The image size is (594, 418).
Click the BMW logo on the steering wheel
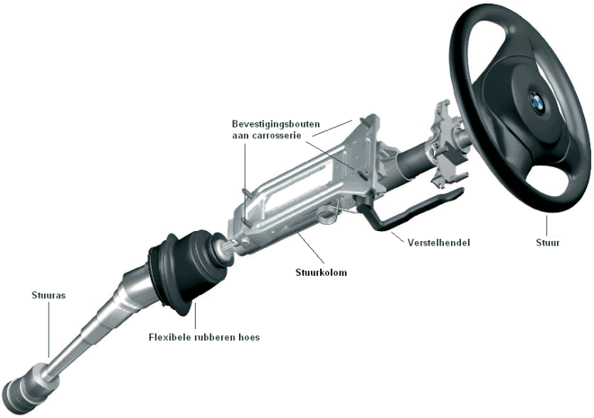[538, 103]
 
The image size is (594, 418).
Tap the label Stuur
[548, 243]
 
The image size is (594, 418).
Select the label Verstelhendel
[439, 243]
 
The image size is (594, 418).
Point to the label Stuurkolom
[321, 273]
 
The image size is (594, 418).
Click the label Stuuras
[49, 295]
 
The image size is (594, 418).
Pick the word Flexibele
[169, 337]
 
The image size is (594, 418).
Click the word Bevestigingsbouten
[276, 124]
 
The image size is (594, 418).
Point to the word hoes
[250, 337]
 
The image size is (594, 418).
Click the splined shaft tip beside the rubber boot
[227, 249]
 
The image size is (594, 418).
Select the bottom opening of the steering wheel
[548, 178]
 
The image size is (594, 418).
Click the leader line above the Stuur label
[547, 226]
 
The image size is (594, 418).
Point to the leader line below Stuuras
[49, 330]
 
